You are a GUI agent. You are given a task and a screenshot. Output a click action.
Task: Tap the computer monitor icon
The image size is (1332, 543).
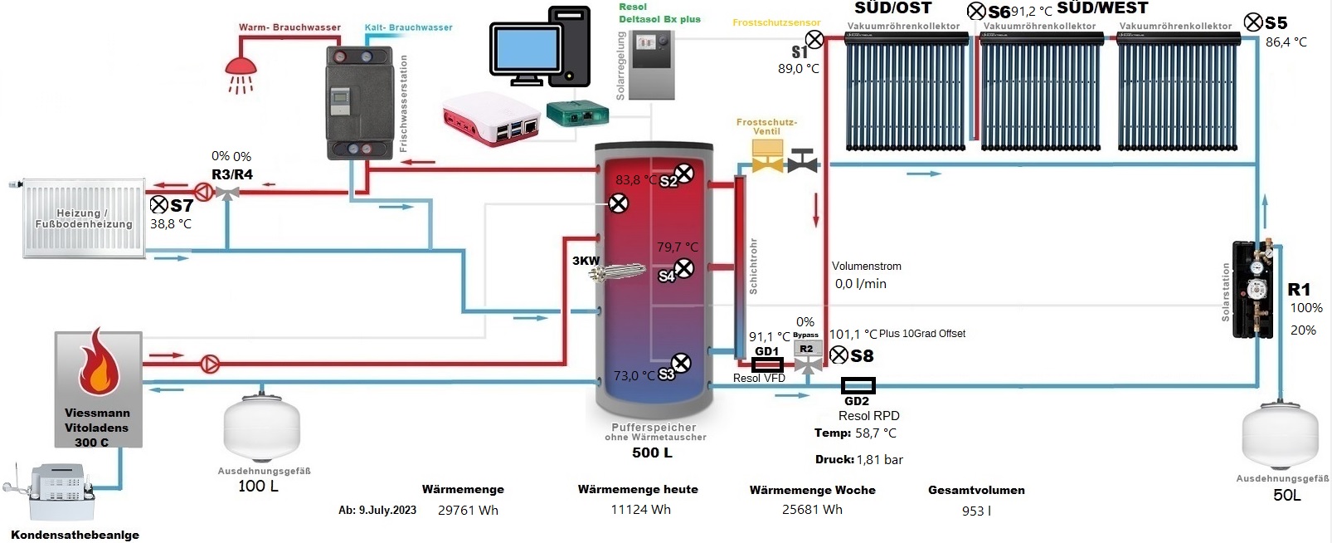pyautogui.click(x=527, y=54)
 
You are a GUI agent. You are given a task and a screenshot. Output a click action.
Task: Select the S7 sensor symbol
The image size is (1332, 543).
pyautogui.click(x=158, y=204)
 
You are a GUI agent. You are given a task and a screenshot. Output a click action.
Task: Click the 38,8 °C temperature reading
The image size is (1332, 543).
pyautogui.click(x=171, y=224)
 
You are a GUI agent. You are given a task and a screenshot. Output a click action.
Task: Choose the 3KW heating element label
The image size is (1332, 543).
pyautogui.click(x=586, y=261)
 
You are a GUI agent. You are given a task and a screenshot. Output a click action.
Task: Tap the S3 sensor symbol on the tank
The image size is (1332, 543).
pyautogui.click(x=681, y=363)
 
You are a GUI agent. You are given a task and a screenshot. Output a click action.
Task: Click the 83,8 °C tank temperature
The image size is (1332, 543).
pyautogui.click(x=635, y=180)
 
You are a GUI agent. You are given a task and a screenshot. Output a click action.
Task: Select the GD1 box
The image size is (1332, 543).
pyautogui.click(x=767, y=364)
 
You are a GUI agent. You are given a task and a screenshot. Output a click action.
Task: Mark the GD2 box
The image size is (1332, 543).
pyautogui.click(x=858, y=385)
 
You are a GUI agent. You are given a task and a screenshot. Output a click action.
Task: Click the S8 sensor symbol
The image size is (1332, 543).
pyautogui.click(x=839, y=355)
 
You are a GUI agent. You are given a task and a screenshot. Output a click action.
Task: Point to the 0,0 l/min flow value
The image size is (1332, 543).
pyautogui.click(x=860, y=284)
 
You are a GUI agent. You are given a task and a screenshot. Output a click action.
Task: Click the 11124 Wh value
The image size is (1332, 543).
pyautogui.click(x=640, y=510)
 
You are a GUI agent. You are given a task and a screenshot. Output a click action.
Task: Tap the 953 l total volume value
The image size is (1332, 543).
pyautogui.click(x=976, y=511)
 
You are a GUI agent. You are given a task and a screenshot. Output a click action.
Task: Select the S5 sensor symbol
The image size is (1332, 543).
pyautogui.click(x=1253, y=22)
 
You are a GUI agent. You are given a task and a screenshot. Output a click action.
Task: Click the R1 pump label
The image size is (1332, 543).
pyautogui.click(x=1299, y=290)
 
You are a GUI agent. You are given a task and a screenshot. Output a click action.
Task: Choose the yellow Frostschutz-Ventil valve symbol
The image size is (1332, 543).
pyautogui.click(x=766, y=158)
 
